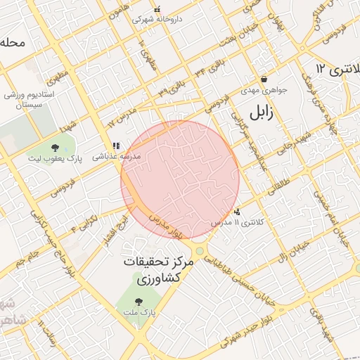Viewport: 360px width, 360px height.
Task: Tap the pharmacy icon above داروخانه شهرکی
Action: click(156, 10)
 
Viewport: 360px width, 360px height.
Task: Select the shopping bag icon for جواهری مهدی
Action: click(264, 79)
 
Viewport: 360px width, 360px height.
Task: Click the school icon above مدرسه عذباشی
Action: click(115, 146)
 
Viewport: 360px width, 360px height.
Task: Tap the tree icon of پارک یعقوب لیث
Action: click(55, 148)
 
